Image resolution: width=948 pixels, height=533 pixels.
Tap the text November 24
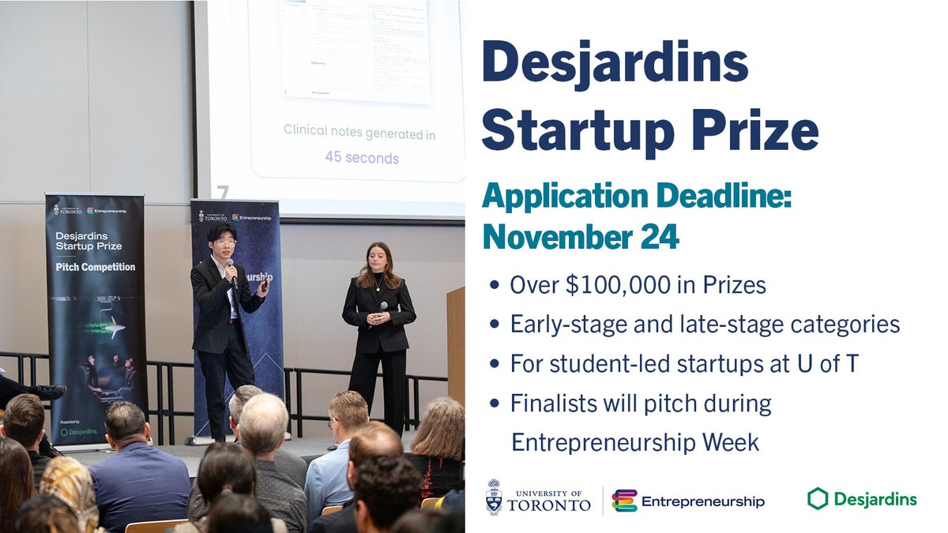[581, 235]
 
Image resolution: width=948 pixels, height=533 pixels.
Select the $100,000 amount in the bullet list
[608, 284]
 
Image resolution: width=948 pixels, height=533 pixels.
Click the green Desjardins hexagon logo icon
[818, 498]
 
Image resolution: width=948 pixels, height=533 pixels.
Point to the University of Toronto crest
[495, 497]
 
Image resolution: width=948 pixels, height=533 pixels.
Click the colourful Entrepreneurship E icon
[624, 501]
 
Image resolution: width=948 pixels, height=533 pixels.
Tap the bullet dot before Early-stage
[495, 325]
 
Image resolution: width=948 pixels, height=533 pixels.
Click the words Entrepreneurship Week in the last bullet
[635, 442]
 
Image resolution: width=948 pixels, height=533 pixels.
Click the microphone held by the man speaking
[231, 272]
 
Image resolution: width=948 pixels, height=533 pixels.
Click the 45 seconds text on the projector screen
[362, 157]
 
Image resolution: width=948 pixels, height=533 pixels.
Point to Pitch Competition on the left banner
[95, 267]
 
